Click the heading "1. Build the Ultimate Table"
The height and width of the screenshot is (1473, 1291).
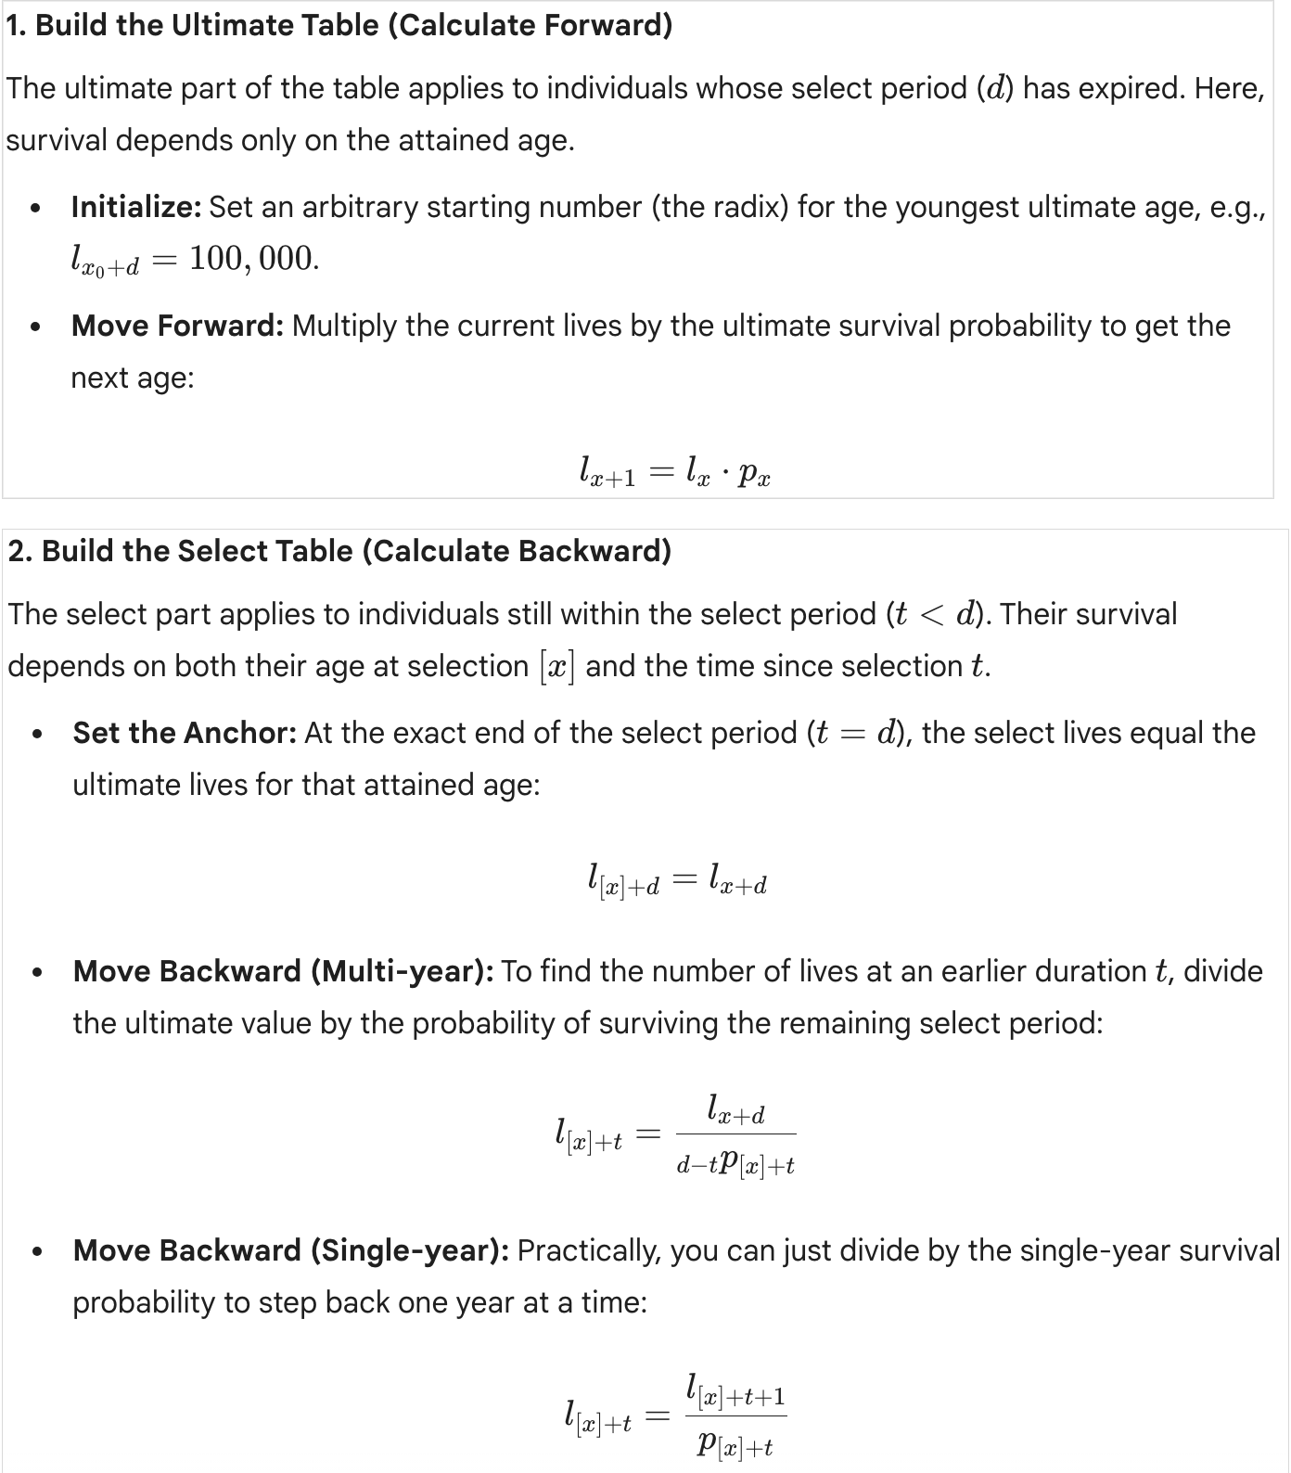coord(339,25)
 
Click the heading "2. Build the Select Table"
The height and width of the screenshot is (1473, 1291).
coord(339,551)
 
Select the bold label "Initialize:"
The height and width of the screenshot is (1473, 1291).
coord(136,207)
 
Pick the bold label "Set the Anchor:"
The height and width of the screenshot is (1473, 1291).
coord(185,733)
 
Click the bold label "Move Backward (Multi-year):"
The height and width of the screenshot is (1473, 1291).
coord(283,971)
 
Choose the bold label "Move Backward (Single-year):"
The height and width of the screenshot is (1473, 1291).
coord(290,1250)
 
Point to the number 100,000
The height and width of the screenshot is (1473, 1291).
coord(253,259)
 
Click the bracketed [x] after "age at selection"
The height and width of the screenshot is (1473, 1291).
coord(556,667)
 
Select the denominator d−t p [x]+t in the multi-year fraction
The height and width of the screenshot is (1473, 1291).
coord(735,1163)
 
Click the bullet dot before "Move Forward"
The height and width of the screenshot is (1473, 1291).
coord(35,327)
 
